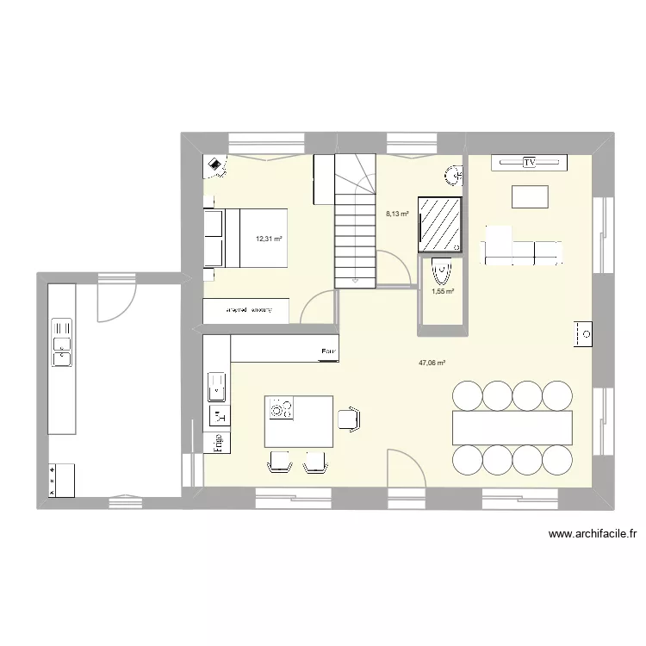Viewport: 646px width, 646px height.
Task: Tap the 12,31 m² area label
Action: pos(269,239)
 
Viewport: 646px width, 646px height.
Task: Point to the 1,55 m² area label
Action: pos(442,291)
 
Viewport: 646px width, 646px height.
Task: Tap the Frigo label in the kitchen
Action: pos(218,442)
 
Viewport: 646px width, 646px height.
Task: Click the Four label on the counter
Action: pos(327,351)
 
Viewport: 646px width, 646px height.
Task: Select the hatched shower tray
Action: pos(439,224)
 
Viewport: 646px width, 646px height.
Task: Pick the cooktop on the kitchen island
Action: pos(280,407)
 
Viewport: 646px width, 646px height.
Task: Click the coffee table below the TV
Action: pos(530,196)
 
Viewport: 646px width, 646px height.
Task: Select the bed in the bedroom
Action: pos(245,238)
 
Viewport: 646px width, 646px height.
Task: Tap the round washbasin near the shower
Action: pos(454,177)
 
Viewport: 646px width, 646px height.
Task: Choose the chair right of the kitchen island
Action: pos(348,419)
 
